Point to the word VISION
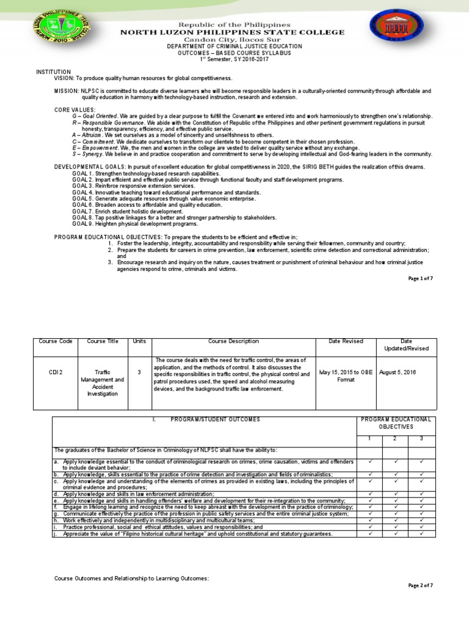click(x=64, y=79)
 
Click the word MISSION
click(x=66, y=90)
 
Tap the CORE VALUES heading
click(x=75, y=109)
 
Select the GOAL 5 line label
click(x=82, y=199)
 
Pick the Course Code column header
click(x=56, y=342)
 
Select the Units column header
click(x=140, y=342)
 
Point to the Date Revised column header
click(x=346, y=342)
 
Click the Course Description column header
click(x=233, y=342)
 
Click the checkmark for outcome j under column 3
click(x=421, y=534)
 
